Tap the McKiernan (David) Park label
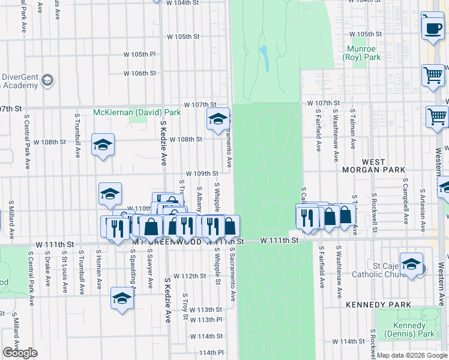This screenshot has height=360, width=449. point(137,112)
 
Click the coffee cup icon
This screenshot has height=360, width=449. point(432,27)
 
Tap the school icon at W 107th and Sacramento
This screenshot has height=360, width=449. point(218,119)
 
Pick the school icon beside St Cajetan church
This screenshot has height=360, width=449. point(411,264)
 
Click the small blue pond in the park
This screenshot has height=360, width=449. point(263,58)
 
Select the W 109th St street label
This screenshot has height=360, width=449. point(201,173)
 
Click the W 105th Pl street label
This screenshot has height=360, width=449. point(139,54)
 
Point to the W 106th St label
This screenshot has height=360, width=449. point(140,73)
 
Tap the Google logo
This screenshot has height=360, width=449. point(20,353)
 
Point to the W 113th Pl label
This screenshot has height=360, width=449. point(206,320)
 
